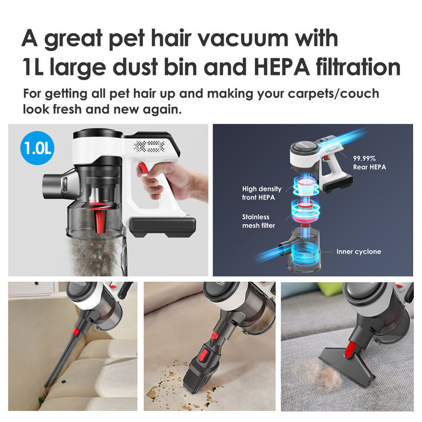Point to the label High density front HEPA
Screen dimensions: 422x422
click(262, 193)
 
